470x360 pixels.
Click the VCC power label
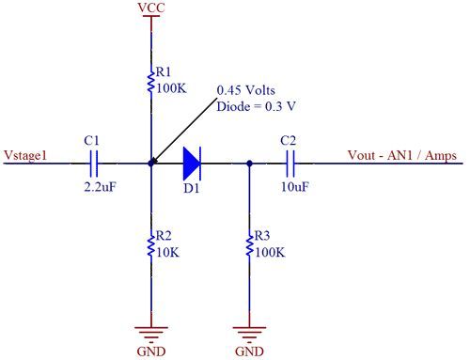pos(151,8)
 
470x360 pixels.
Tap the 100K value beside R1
pos(171,88)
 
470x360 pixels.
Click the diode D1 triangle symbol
pos(192,164)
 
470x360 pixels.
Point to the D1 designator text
pos(192,188)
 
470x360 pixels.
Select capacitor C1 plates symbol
pos(94,164)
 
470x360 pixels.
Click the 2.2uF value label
pos(100,187)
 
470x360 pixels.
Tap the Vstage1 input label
pos(25,155)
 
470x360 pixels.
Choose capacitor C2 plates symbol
pos(290,164)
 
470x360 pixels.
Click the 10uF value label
pos(295,187)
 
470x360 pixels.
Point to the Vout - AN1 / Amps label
pos(402,155)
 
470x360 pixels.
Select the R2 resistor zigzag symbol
pos(151,243)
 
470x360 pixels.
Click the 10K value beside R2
pos(168,252)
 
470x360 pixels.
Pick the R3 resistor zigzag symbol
pos(250,243)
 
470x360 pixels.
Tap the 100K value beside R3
pos(270,252)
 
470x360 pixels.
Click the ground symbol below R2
pos(151,334)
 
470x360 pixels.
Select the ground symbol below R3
pos(250,334)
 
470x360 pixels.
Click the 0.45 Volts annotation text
pos(246,90)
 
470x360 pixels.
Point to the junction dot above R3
pos(249,164)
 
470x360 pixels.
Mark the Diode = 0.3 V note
pos(257,106)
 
